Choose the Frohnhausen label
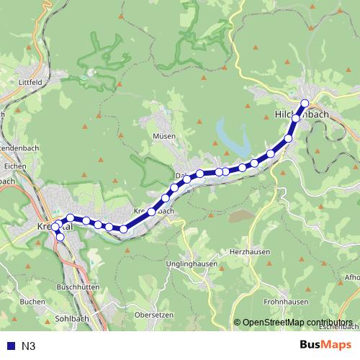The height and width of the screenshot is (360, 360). (286, 302)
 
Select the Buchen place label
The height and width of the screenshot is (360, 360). (33, 301)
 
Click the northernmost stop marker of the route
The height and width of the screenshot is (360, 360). (305, 103)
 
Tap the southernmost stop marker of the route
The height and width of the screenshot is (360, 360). (60, 237)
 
